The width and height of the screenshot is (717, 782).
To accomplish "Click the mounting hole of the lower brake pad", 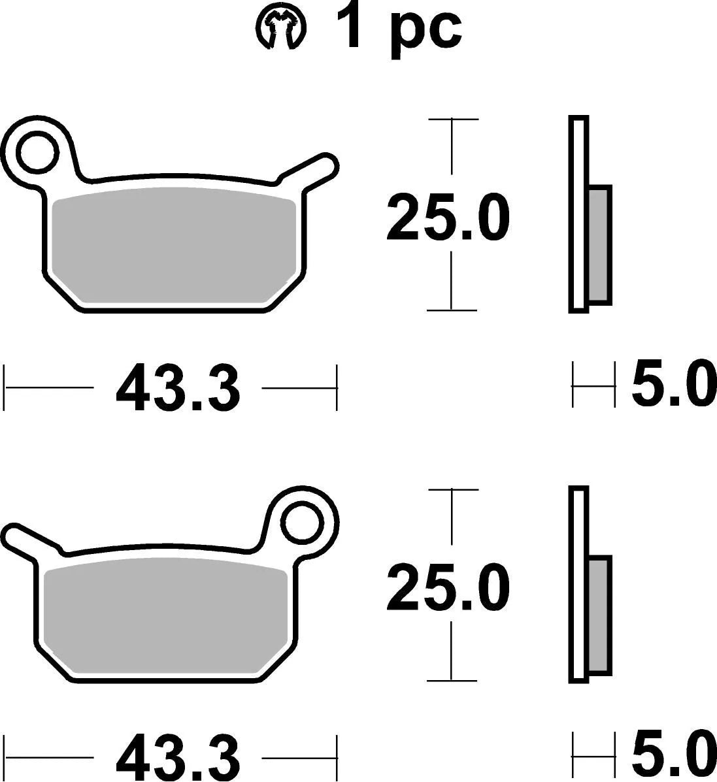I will pos(304,522).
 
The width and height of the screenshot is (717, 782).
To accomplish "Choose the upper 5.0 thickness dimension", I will pos(670,385).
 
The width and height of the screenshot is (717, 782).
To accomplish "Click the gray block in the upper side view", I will pos(599,245).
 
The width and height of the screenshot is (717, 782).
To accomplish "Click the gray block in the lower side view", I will pos(599,616).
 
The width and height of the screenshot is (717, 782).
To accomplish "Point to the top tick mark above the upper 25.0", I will pos(452,120).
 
